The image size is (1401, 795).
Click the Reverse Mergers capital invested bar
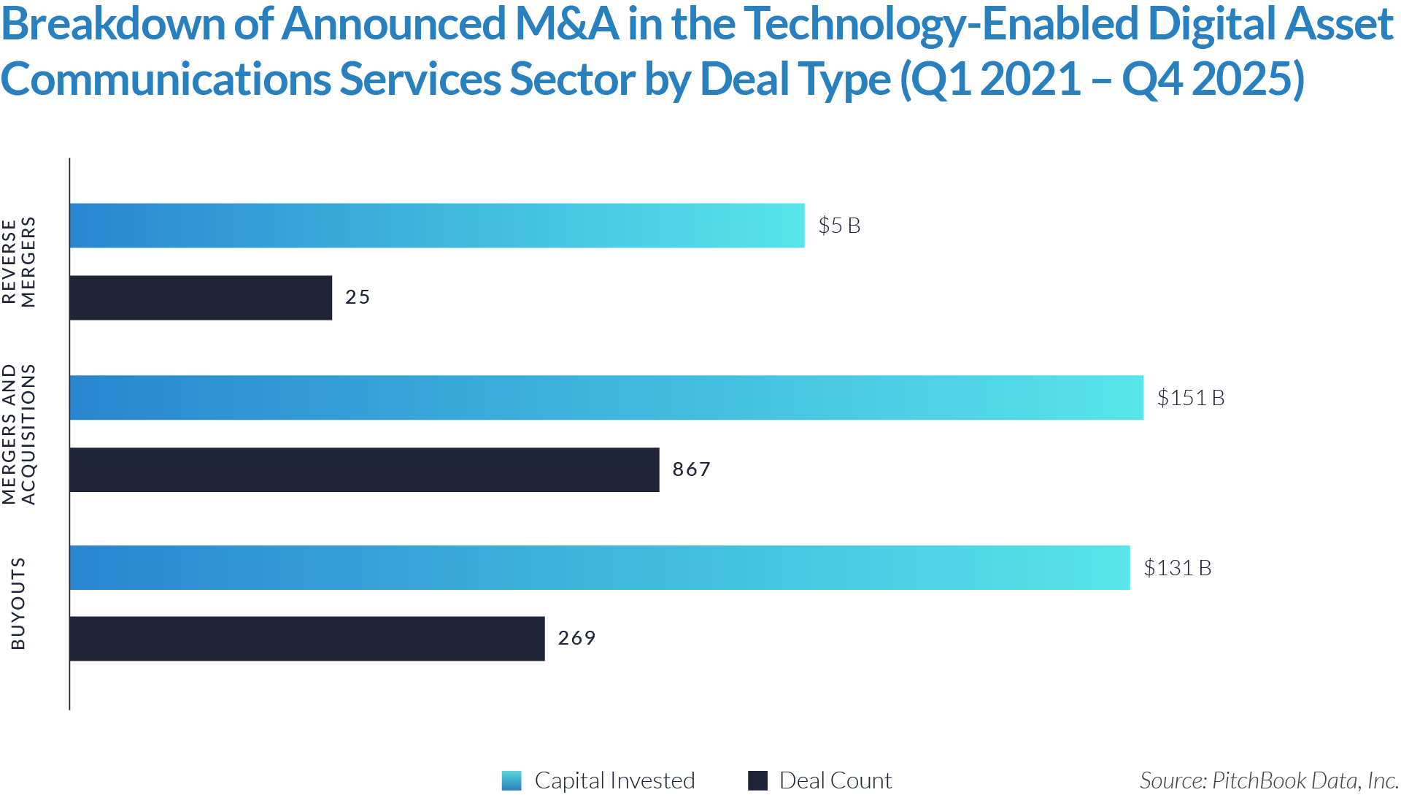pos(437,226)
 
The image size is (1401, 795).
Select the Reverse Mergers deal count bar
pos(201,298)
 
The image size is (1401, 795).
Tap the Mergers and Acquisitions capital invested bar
pos(606,398)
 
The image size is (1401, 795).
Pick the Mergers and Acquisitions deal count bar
pos(365,469)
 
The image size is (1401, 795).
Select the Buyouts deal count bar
pos(307,639)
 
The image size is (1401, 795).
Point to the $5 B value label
pos(839,226)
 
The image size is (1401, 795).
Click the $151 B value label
pos(1191,398)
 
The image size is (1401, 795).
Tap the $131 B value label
pos(1177,568)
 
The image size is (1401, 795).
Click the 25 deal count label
pos(358,297)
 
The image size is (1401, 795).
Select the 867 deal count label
pos(691,469)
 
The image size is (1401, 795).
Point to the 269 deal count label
pos(576,638)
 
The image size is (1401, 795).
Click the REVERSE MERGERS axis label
pos(19,262)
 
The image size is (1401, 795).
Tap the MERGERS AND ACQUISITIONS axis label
pos(19,434)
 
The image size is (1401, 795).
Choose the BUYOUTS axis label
pos(18,604)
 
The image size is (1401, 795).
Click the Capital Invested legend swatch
pos(512,780)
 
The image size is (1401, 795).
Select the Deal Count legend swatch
pos(758,780)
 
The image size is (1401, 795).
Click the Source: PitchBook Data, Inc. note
pos(1268,780)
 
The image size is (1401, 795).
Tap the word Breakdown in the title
pos(114,24)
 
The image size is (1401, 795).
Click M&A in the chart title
pos(566,24)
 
